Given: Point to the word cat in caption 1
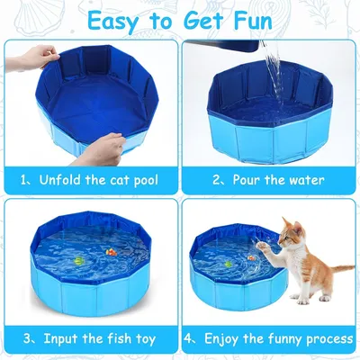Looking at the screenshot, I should click(x=118, y=180).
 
